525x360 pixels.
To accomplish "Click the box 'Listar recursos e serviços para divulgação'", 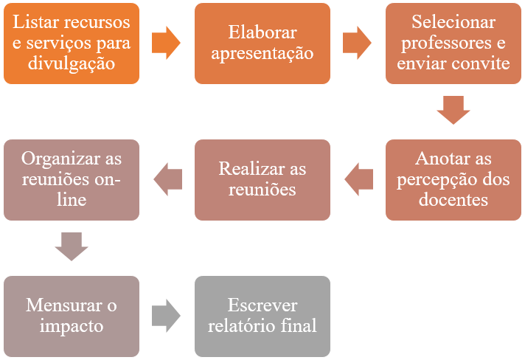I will pos(72,43).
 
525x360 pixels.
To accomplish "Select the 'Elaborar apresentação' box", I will pos(262,43).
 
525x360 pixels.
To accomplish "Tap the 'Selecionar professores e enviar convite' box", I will pos(453,43).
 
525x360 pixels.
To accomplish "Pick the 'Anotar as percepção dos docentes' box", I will pos(453,179).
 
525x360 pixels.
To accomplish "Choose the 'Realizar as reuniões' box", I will pos(262,179).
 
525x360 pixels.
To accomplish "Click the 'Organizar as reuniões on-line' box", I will pos(72,179).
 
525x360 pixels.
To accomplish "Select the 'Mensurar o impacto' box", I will pos(72,316).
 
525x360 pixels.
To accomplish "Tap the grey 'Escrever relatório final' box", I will pos(262,316).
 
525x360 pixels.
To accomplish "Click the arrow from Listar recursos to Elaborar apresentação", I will pos(166,43).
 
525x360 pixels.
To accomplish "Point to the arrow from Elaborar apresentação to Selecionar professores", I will pos(357,43).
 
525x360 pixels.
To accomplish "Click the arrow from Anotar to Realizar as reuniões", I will pos(359,179).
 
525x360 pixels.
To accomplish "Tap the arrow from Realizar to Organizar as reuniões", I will pos(167,179).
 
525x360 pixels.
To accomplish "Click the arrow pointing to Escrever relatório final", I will pos(166,316).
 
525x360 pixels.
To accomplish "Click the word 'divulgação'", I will pos(72,63).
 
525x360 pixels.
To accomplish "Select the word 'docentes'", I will pos(453,200).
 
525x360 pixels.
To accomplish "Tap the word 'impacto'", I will pos(72,326).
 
